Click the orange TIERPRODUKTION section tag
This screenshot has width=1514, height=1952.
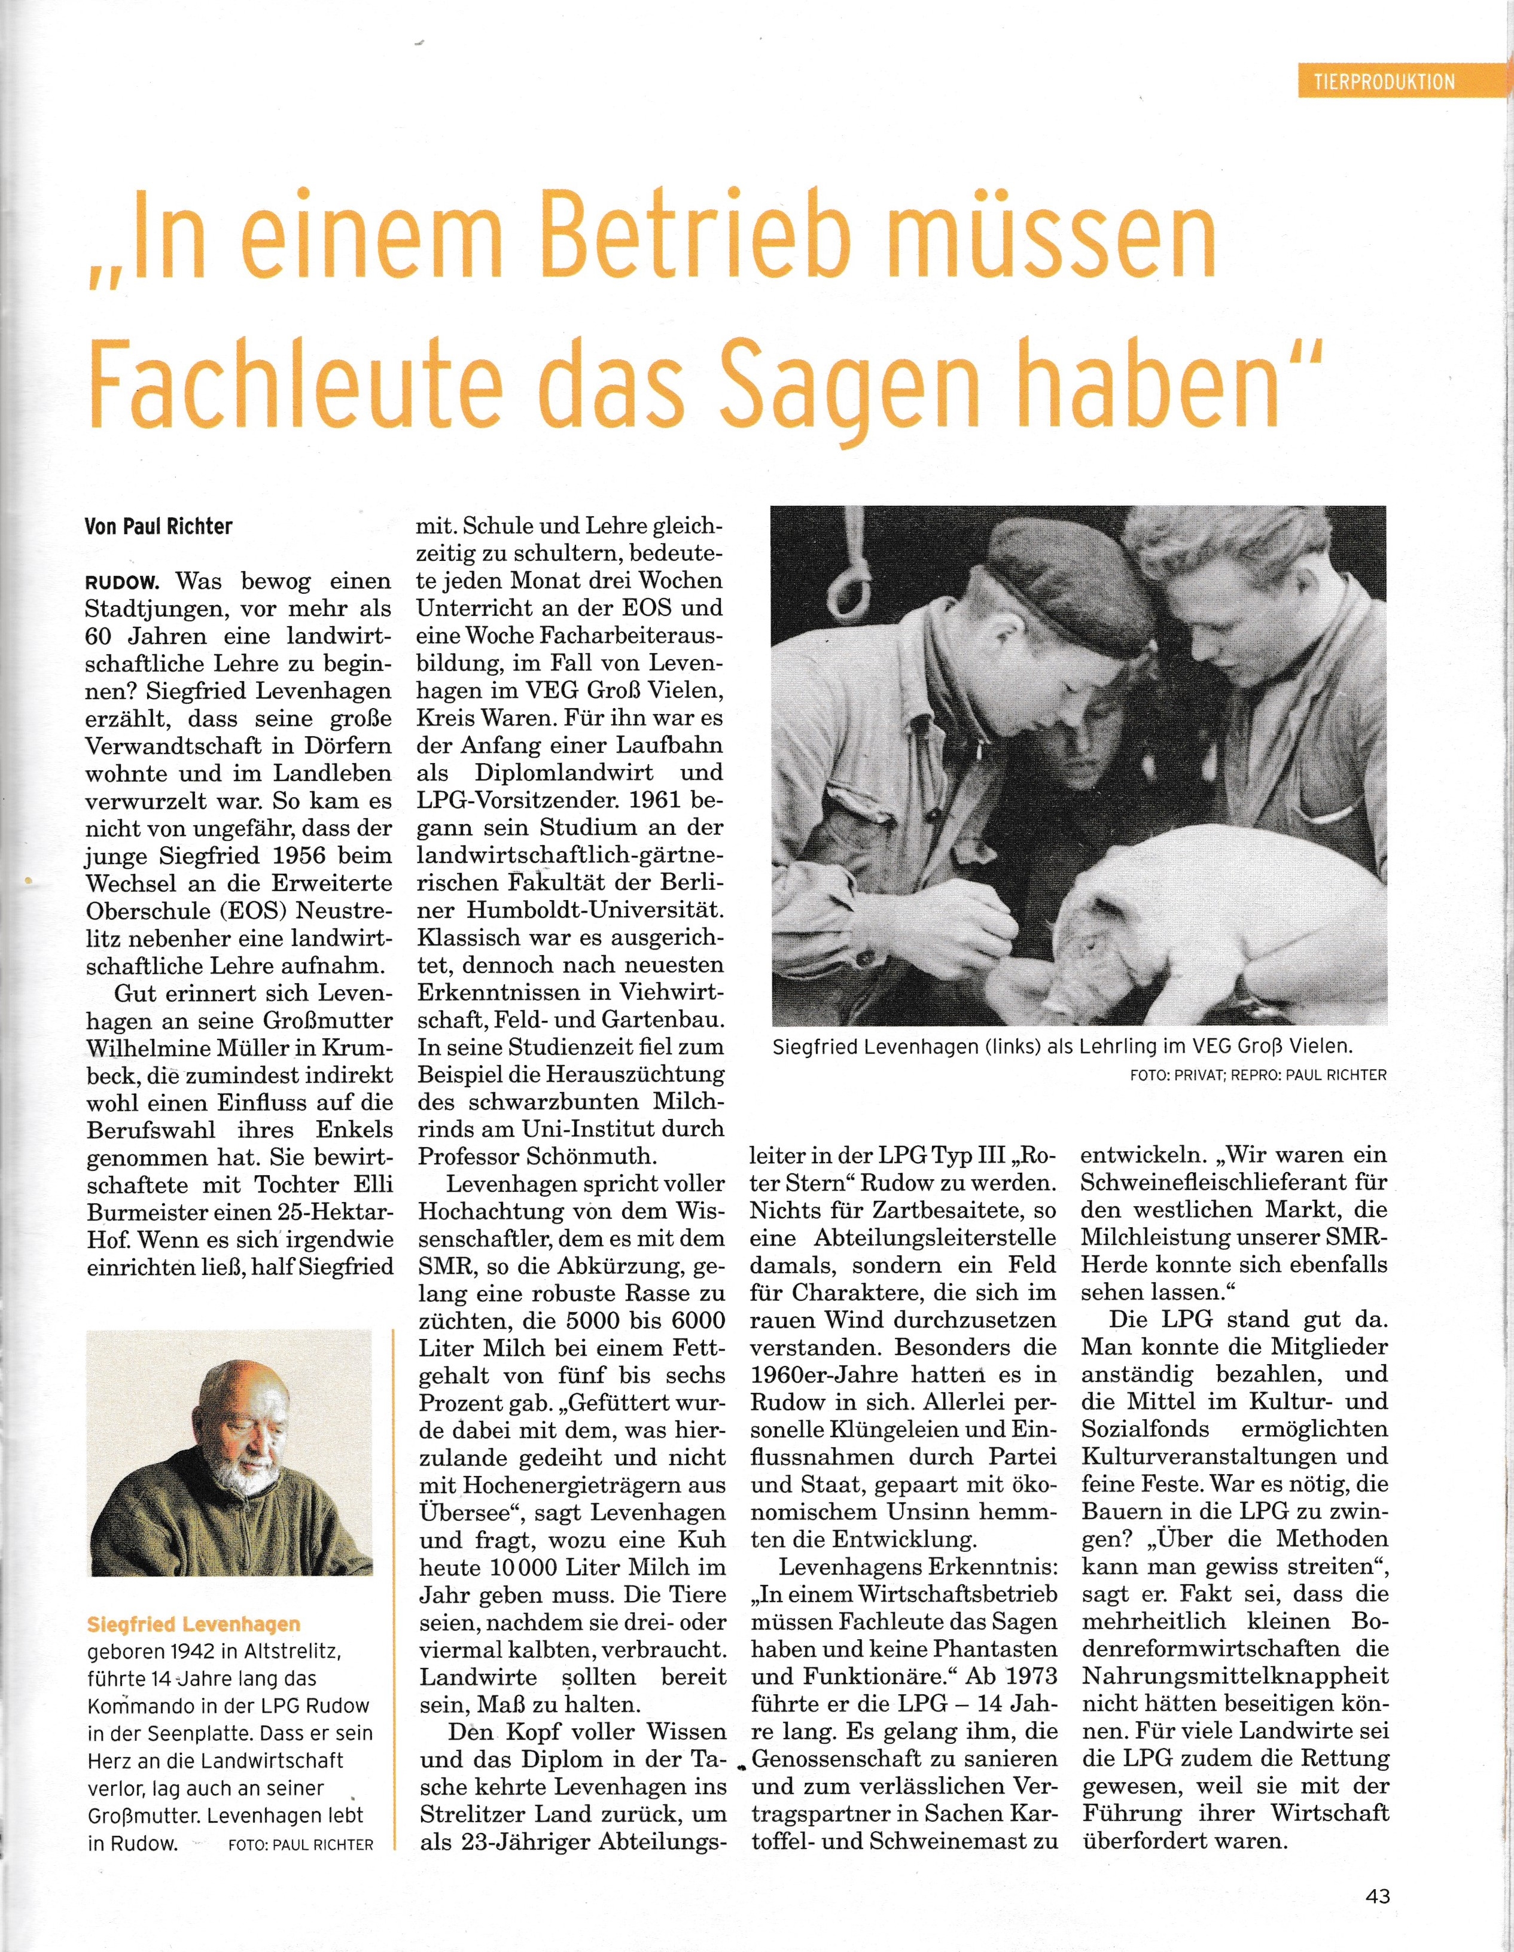pyautogui.click(x=1384, y=82)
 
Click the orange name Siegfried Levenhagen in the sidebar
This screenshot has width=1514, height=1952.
pyautogui.click(x=194, y=1624)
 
